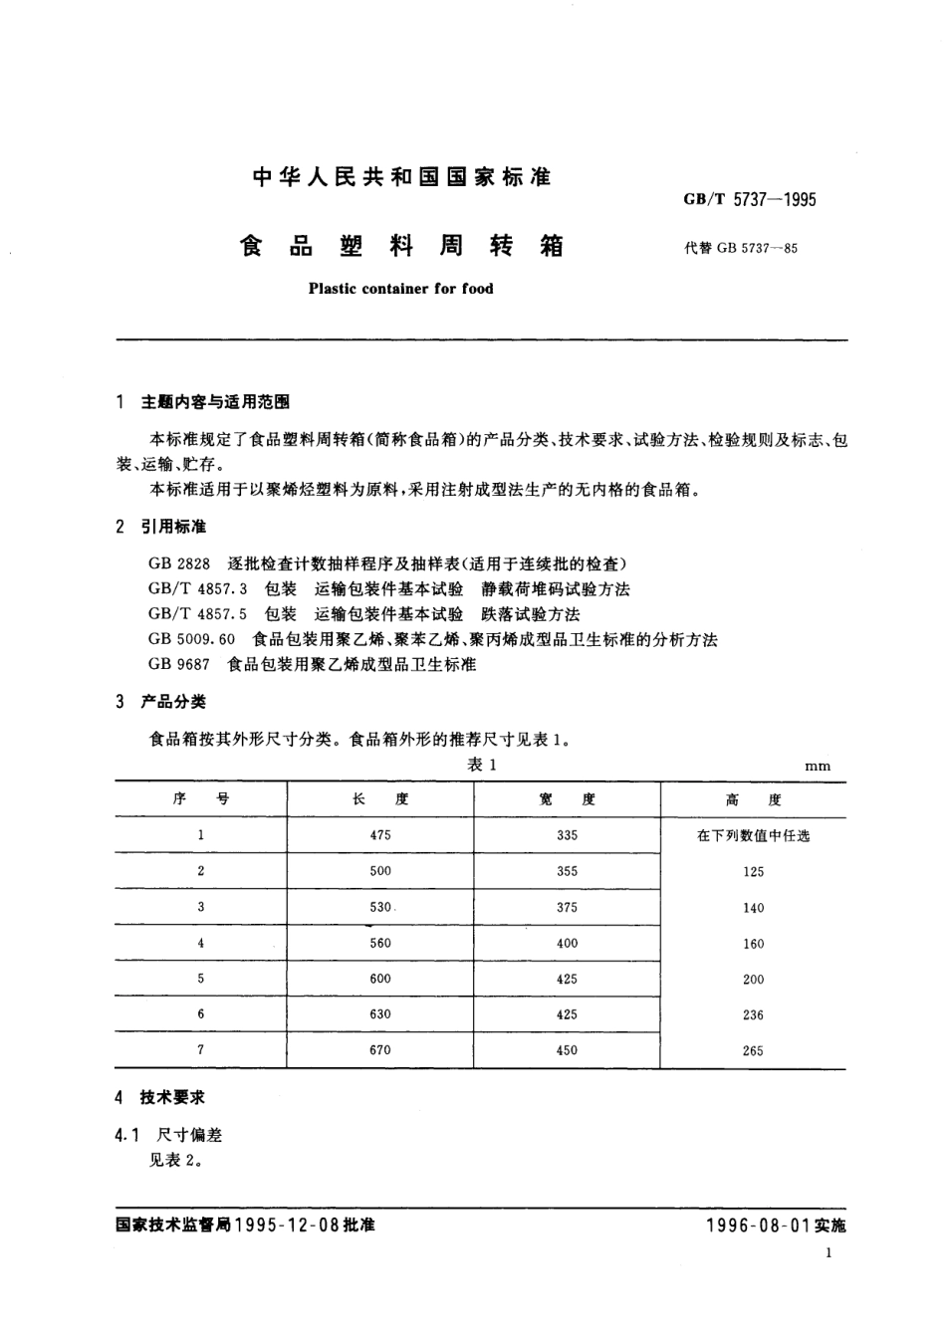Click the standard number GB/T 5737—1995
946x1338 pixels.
click(x=749, y=199)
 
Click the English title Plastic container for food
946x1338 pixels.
click(x=400, y=289)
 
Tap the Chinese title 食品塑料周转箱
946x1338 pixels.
click(x=402, y=246)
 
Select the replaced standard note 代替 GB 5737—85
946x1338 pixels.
click(x=741, y=248)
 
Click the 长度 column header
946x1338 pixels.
click(x=379, y=799)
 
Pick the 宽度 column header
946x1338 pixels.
click(x=567, y=799)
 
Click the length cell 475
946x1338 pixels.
click(x=379, y=835)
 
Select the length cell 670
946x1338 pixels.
click(x=379, y=1049)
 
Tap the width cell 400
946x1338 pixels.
click(x=567, y=943)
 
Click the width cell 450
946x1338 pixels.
click(x=567, y=1049)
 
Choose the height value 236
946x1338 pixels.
click(x=753, y=1014)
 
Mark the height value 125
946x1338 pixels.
click(x=753, y=872)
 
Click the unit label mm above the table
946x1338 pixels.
click(x=818, y=766)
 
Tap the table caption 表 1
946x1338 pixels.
click(x=482, y=765)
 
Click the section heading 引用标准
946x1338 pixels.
click(x=173, y=527)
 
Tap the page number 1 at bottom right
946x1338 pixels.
click(x=828, y=1255)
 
